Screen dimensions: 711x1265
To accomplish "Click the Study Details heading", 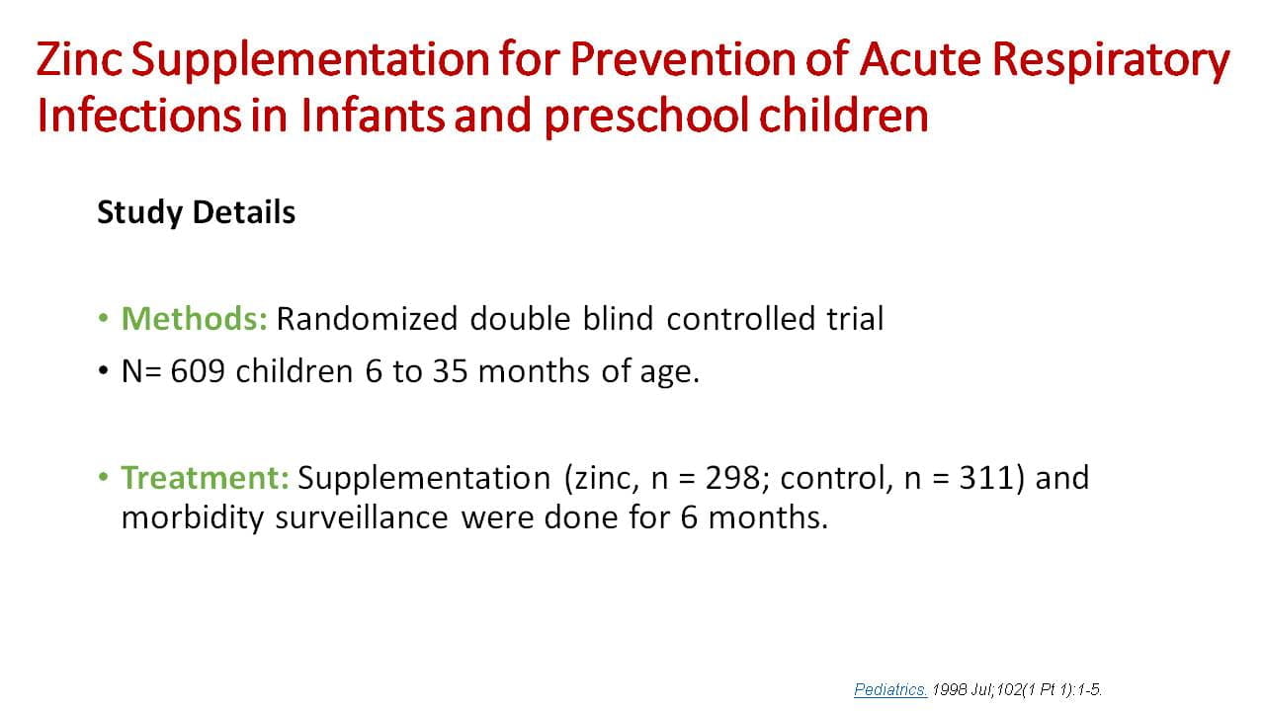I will point(196,212).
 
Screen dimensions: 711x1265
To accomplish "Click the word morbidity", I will point(193,518).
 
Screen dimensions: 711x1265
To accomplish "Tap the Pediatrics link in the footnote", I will point(889,690).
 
